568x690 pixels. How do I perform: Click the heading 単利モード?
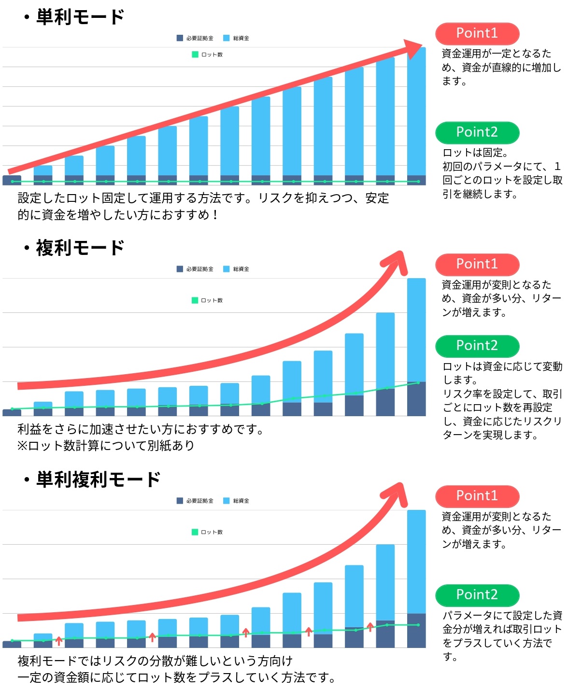pyautogui.click(x=80, y=17)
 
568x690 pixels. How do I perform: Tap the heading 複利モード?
pyautogui.click(x=80, y=248)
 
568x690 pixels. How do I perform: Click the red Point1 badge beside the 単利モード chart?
pyautogui.click(x=477, y=33)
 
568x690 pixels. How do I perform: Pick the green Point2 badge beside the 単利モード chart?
pyautogui.click(x=477, y=132)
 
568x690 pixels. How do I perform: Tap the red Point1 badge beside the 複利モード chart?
pyautogui.click(x=477, y=264)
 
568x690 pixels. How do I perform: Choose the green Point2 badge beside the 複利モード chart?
pyautogui.click(x=477, y=346)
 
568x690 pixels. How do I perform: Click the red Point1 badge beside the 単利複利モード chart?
pyautogui.click(x=477, y=496)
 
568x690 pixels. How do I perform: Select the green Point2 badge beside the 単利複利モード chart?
pyautogui.click(x=477, y=595)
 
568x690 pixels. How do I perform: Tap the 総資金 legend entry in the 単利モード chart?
pyautogui.click(x=236, y=38)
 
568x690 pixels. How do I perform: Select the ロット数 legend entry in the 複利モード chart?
pyautogui.click(x=207, y=300)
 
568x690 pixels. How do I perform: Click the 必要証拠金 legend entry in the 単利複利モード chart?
pyautogui.click(x=195, y=501)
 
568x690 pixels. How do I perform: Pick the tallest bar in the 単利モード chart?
pyautogui.click(x=416, y=116)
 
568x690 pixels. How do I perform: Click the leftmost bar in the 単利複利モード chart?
pyautogui.click(x=12, y=644)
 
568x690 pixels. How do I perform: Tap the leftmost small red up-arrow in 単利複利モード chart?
pyautogui.click(x=59, y=641)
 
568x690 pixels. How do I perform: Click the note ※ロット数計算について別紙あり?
pyautogui.click(x=106, y=446)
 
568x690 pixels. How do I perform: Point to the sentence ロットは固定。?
pyautogui.click(x=475, y=153)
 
